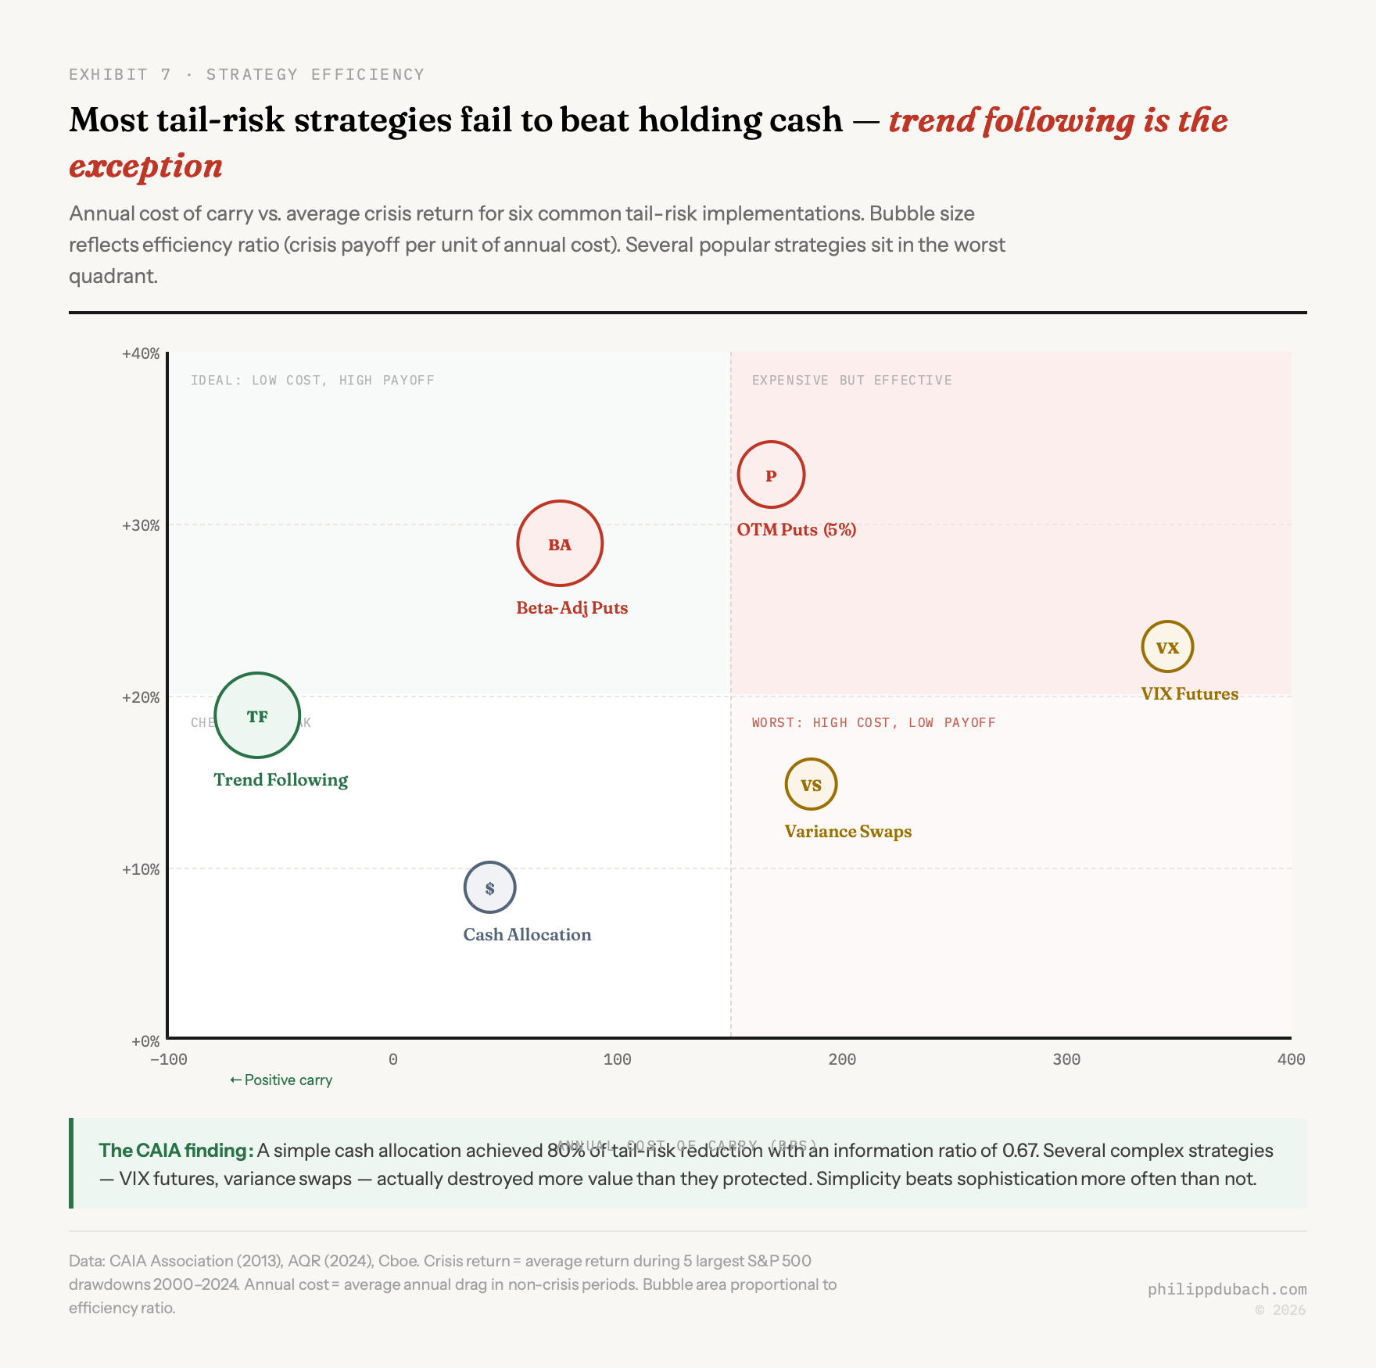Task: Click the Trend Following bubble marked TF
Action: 257,715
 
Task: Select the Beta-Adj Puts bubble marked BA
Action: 560,543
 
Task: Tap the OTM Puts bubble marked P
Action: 771,475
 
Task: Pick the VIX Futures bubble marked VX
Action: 1167,646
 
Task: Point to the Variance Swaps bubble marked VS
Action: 811,784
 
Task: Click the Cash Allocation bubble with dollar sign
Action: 489,887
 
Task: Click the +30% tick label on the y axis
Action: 141,525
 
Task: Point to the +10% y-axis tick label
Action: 141,869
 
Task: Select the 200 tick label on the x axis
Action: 842,1059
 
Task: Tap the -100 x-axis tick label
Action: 169,1059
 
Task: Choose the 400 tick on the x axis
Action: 1291,1059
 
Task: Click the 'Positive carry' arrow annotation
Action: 281,1080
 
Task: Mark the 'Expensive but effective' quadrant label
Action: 851,380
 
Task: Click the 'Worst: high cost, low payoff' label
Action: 873,722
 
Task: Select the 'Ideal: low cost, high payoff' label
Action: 312,380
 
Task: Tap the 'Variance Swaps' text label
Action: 847,831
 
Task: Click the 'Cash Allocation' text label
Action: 527,934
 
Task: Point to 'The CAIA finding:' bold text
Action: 175,1150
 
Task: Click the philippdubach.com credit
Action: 1227,1289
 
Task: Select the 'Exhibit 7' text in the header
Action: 120,74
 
